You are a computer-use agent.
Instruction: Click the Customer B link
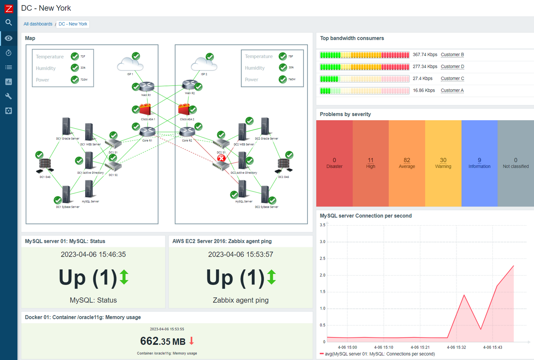click(452, 55)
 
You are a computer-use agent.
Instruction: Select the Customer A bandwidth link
click(452, 90)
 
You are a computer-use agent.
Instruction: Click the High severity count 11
click(370, 160)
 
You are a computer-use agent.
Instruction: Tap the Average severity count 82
click(407, 160)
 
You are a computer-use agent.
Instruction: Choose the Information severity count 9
click(479, 160)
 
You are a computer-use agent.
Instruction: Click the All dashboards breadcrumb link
click(38, 24)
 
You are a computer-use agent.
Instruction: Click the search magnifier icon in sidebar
click(8, 23)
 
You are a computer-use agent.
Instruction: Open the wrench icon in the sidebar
click(8, 96)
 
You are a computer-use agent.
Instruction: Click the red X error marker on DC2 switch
click(221, 158)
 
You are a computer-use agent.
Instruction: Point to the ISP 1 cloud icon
click(130, 64)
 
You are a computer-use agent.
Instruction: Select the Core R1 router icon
click(147, 132)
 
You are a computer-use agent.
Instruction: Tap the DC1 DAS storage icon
click(45, 165)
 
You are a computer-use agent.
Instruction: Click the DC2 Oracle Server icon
click(265, 126)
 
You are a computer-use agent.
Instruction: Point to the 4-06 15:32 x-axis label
click(456, 347)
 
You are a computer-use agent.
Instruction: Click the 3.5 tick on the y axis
click(322, 225)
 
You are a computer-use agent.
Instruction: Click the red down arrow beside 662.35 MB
click(191, 341)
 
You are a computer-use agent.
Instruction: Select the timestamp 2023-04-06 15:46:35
click(93, 255)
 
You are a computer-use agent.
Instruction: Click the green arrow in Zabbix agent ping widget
click(271, 277)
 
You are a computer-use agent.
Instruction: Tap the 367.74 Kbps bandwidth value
click(425, 55)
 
